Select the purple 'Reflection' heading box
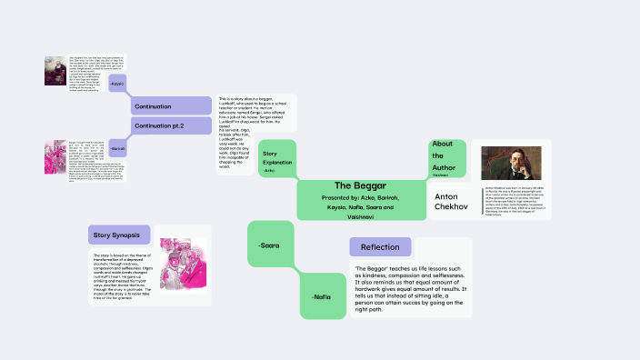tap(379, 247)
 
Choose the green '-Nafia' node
tap(322, 297)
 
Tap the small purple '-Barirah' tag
tap(117, 148)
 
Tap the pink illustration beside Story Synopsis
tap(184, 265)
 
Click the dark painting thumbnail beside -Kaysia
tap(55, 72)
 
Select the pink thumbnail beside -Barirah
tap(55, 155)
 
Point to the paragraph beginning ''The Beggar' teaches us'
tap(411, 289)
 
